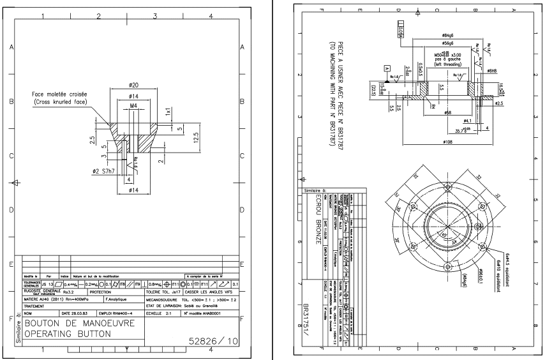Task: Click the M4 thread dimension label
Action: pos(134,105)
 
